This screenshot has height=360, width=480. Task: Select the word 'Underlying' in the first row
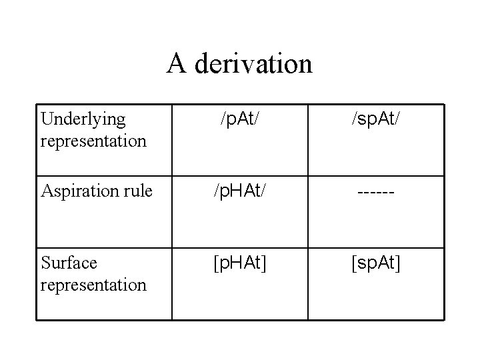pos(83,119)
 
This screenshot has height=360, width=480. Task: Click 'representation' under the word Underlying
pos(93,141)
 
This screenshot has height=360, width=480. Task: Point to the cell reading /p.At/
pos(240,120)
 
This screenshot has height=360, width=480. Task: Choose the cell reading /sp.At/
pos(375,120)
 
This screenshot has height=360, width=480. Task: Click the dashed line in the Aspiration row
pos(375,192)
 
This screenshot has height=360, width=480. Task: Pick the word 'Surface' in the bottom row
pos(69,263)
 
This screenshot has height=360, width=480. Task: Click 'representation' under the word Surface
pos(93,285)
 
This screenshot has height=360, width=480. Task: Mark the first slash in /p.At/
pos(223,120)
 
